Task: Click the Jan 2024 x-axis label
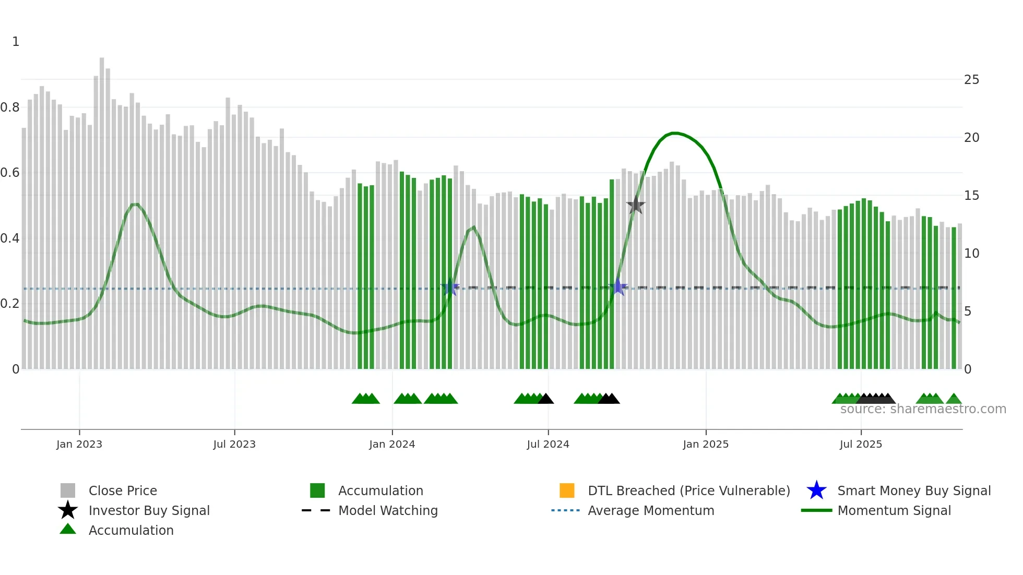(392, 444)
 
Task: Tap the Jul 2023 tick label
(234, 444)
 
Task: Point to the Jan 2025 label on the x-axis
(706, 444)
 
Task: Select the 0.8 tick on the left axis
(10, 107)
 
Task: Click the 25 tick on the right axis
(971, 80)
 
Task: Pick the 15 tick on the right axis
(971, 196)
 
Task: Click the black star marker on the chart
(636, 206)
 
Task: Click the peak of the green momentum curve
(674, 134)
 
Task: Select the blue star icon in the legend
(816, 490)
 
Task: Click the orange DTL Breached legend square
(567, 490)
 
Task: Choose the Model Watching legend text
(388, 510)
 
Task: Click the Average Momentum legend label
(651, 510)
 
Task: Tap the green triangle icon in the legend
(68, 529)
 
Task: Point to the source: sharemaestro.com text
(923, 409)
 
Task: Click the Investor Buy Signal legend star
(68, 510)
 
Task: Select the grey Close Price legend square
(68, 490)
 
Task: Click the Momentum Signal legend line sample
(816, 510)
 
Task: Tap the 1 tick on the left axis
(16, 42)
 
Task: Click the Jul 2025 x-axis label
(861, 444)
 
